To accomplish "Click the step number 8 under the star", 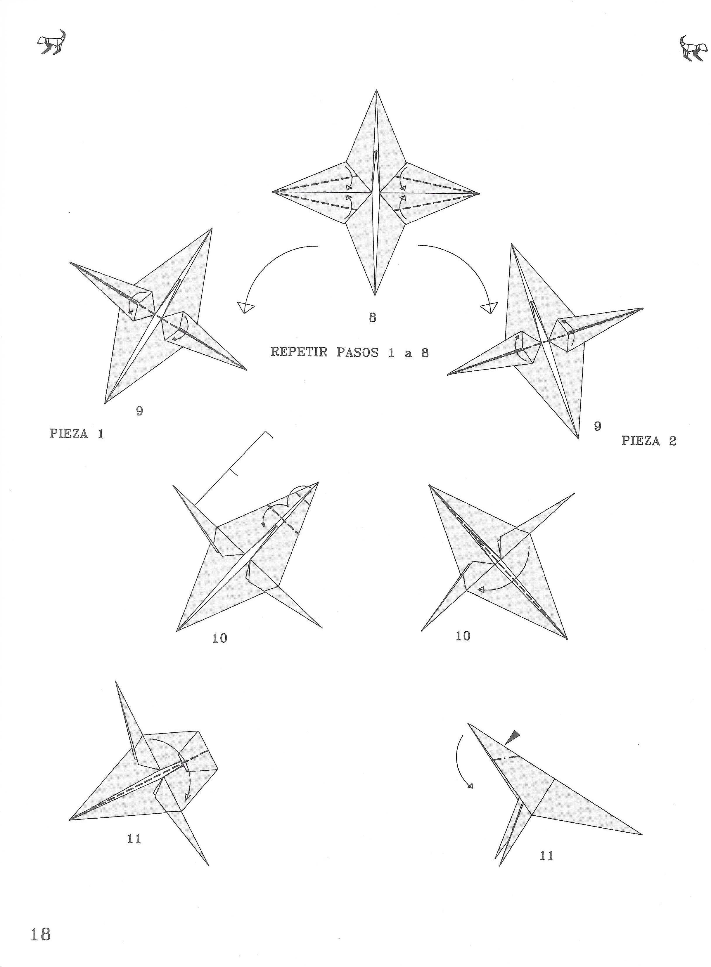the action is point(372,318).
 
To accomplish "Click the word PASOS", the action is point(357,352).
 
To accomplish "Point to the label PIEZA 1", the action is point(77,434).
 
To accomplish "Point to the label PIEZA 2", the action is point(648,441).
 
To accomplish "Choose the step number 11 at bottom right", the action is point(546,856).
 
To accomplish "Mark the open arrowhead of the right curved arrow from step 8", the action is point(489,308).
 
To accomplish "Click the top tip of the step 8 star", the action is point(377,90).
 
